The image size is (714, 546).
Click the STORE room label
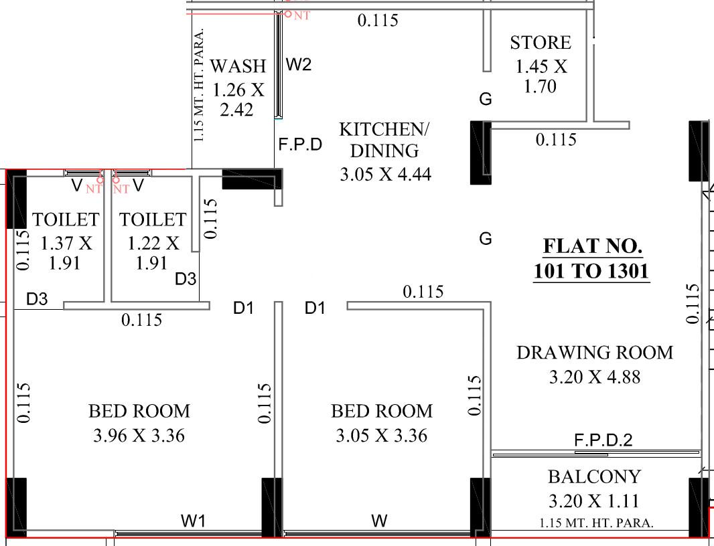[x=541, y=43]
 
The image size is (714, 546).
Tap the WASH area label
[x=238, y=66]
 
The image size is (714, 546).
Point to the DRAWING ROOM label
[x=594, y=352]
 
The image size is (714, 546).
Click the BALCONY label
[x=594, y=477]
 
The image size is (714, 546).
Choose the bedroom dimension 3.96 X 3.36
[x=139, y=436]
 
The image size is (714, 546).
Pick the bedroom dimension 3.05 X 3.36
[x=381, y=436]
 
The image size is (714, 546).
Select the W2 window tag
[x=299, y=65]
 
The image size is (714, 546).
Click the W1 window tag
[x=193, y=521]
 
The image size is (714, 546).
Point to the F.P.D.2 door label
[x=603, y=440]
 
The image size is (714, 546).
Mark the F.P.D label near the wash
[x=301, y=145]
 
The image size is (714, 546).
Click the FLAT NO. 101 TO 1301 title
[x=592, y=259]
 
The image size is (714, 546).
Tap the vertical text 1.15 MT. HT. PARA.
[x=199, y=85]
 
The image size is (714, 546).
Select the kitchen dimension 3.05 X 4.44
[x=385, y=175]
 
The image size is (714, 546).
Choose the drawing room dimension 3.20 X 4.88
[x=594, y=377]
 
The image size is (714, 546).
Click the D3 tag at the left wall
[x=37, y=299]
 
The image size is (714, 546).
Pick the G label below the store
[x=486, y=100]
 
